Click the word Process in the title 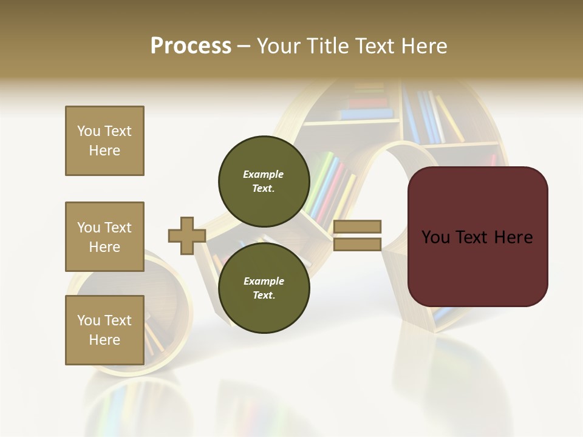tap(191, 46)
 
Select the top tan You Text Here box tap(104, 141)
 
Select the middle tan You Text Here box tap(104, 237)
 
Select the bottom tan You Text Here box tap(104, 330)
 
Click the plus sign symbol tap(186, 235)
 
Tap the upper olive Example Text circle tap(264, 181)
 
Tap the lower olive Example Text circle tap(264, 288)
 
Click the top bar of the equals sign tap(357, 226)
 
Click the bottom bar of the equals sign tap(357, 245)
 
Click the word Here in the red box tap(513, 237)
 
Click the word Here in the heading tap(423, 46)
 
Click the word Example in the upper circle tap(263, 174)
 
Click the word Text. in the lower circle tap(264, 296)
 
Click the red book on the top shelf tap(367, 104)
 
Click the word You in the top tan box tap(88, 131)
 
